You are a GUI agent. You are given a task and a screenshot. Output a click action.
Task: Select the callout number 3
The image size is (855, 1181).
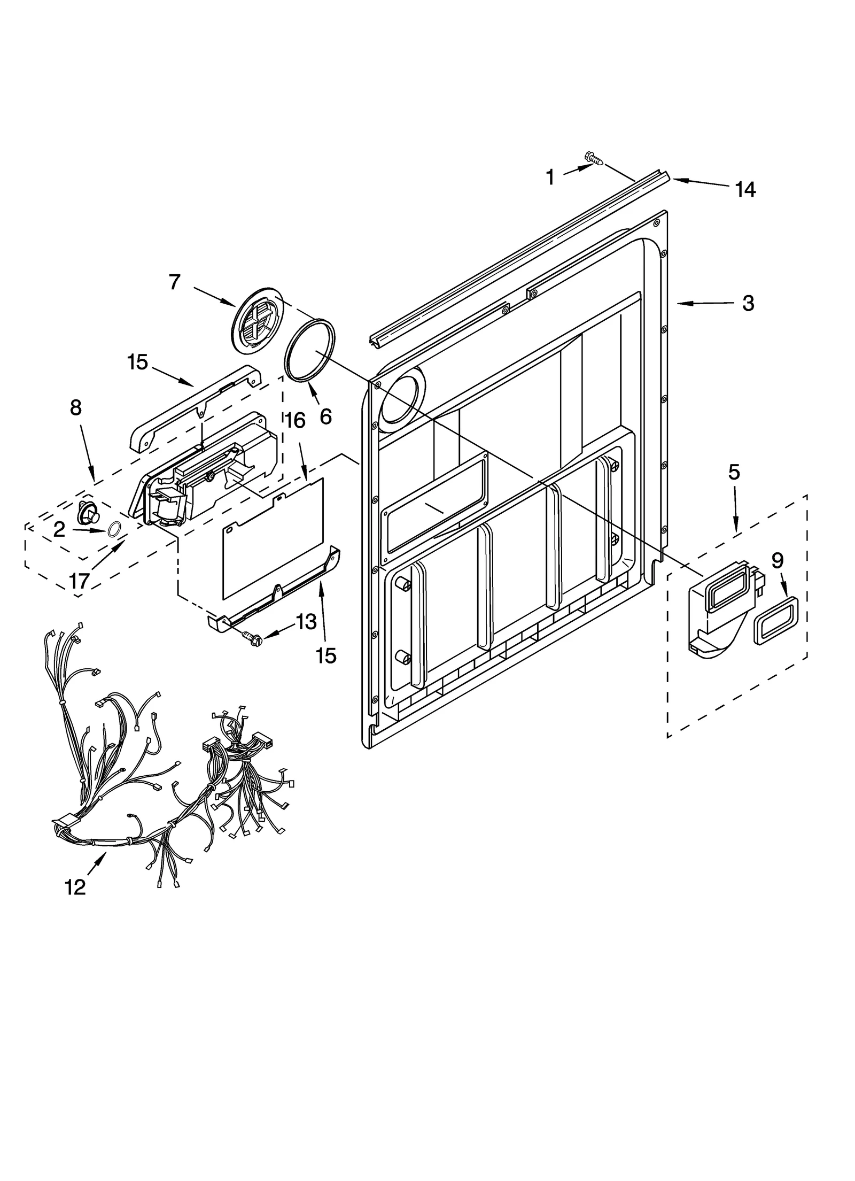tap(748, 303)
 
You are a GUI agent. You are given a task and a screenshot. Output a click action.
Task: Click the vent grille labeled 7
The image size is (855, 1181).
tap(258, 320)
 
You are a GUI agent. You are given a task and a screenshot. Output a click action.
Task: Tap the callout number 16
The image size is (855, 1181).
tap(295, 421)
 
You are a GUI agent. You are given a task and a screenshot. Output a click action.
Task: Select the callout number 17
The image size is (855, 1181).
tap(79, 581)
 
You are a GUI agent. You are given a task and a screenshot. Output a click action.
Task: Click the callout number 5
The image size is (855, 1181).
tap(734, 472)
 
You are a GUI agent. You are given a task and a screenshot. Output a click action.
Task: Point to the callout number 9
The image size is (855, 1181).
tap(778, 560)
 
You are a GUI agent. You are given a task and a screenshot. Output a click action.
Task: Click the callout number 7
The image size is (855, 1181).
tap(175, 282)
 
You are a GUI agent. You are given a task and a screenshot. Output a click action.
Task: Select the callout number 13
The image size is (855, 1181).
tap(306, 622)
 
